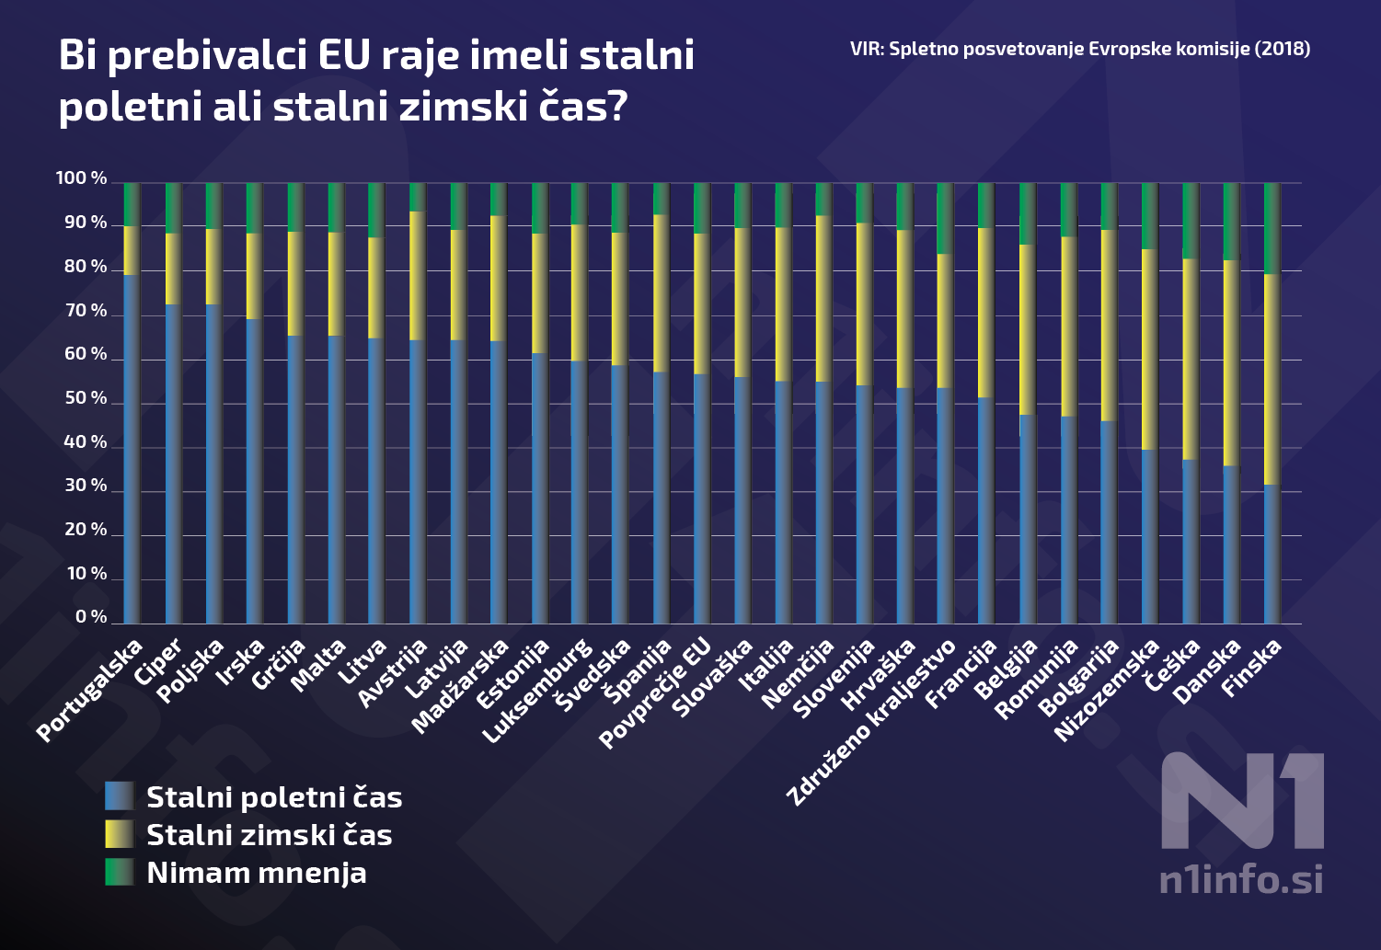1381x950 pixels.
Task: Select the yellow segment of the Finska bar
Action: coord(1272,379)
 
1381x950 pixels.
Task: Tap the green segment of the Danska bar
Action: coord(1231,221)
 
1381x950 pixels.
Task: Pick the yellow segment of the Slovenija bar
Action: coord(864,303)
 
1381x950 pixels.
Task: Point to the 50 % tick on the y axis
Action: coord(86,398)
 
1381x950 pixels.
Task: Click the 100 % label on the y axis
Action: coord(81,178)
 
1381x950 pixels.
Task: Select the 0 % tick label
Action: coord(90,617)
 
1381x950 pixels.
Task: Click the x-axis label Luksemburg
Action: coord(538,690)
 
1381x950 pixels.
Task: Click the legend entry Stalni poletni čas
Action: coord(273,797)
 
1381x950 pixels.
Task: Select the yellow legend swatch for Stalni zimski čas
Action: coord(120,834)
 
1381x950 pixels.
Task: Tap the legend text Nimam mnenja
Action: coord(256,873)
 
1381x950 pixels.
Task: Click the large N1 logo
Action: coord(1242,801)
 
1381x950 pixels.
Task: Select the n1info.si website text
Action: coord(1240,880)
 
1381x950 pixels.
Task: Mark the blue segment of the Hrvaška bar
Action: coord(904,506)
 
